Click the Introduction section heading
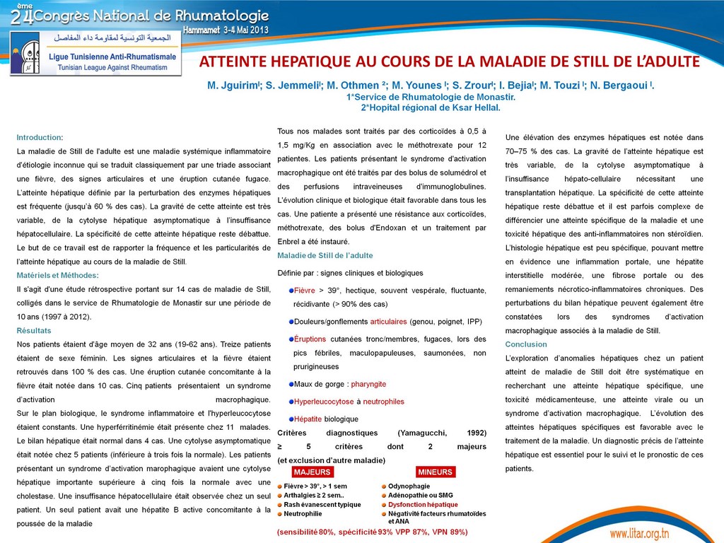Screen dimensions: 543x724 click(x=40, y=137)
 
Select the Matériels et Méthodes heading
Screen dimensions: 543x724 click(x=57, y=275)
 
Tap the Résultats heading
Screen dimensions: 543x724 click(x=34, y=330)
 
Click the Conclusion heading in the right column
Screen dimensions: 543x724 click(x=526, y=344)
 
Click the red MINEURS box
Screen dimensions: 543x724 click(x=436, y=472)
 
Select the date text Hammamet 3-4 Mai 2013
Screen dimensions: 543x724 click(x=226, y=30)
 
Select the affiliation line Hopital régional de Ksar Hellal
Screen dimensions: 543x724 click(x=432, y=108)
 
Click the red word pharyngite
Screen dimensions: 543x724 click(x=368, y=384)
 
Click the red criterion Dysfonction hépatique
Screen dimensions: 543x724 click(x=423, y=505)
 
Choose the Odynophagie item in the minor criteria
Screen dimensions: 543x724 click(x=409, y=486)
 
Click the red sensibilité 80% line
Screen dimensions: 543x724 click(x=372, y=532)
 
